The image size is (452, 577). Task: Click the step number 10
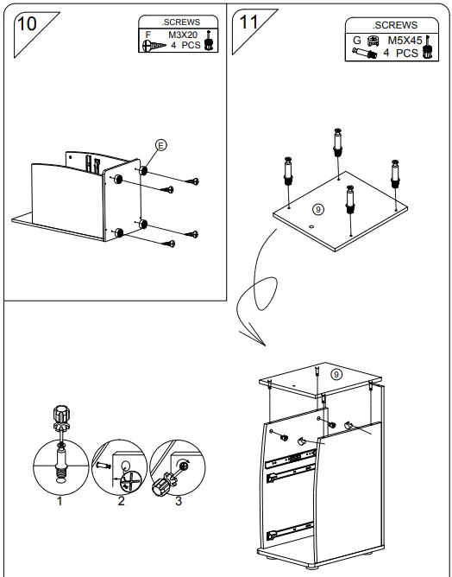pos(27,24)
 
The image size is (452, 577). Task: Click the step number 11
pos(248,22)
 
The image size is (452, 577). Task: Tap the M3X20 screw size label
pos(183,35)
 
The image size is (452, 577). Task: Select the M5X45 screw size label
pos(405,40)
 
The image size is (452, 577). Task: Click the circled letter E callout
pos(160,145)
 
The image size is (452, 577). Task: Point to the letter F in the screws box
pos(148,35)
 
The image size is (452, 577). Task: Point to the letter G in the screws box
pos(357,40)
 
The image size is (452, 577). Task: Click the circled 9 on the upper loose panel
pos(318,209)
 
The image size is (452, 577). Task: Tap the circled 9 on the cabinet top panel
pos(336,375)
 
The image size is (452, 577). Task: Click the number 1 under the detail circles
pos(60,501)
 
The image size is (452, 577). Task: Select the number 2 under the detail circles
pos(122,501)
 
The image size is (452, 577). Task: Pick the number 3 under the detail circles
pos(179,501)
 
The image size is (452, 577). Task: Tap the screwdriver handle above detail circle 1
pos(61,418)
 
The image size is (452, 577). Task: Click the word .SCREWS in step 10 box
pos(181,22)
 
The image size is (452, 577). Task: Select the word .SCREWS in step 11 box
pos(395,25)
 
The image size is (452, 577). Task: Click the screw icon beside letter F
pos(154,46)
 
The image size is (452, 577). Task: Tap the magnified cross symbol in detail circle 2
pos(131,480)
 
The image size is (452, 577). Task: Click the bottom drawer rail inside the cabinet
pos(291,531)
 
